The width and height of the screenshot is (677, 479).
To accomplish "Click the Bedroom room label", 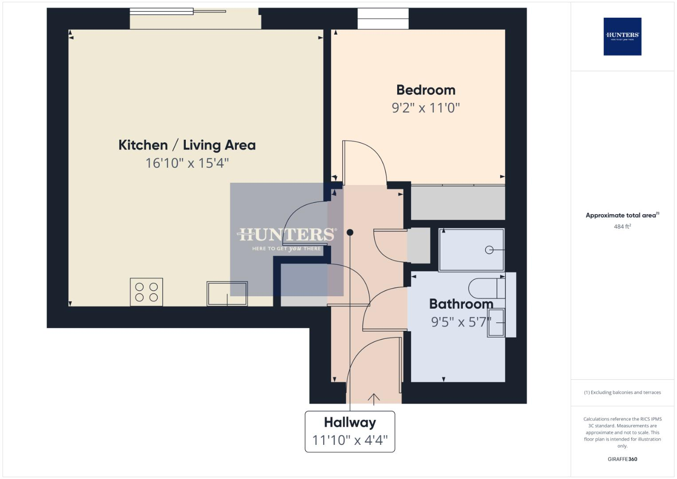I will coord(426,90).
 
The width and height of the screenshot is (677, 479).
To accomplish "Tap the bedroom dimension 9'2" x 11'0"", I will coord(426,108).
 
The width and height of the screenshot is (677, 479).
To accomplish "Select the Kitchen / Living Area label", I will coord(187,145).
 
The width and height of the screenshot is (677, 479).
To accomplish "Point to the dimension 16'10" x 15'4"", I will coord(187,163).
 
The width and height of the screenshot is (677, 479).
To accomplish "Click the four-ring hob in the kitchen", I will coord(146,292).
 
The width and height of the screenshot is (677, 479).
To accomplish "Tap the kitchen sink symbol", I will coord(227,294).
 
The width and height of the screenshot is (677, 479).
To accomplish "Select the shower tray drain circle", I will coord(489,250).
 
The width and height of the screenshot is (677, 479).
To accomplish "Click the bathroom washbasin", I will coord(497,323).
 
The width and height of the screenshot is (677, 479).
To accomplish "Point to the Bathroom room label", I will coord(461,304).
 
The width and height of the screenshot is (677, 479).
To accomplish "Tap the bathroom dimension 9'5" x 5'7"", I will coord(461,322).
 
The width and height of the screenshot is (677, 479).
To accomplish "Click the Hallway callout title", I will coord(350,422).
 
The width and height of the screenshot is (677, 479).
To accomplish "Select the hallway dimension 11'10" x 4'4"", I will coord(350,440).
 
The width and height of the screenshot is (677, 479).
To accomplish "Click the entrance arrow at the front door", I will coord(374,399).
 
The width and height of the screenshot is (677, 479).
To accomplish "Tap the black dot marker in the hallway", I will coord(350,232).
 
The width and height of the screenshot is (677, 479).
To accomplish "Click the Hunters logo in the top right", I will coord(622,36).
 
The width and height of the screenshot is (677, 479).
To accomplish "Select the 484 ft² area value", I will coord(622,227).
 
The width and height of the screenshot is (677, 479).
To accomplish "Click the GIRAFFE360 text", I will coord(622,459).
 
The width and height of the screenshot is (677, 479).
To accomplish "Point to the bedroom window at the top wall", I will coord(383,19).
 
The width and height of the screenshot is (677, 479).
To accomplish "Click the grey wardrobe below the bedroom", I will coord(458,203).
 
